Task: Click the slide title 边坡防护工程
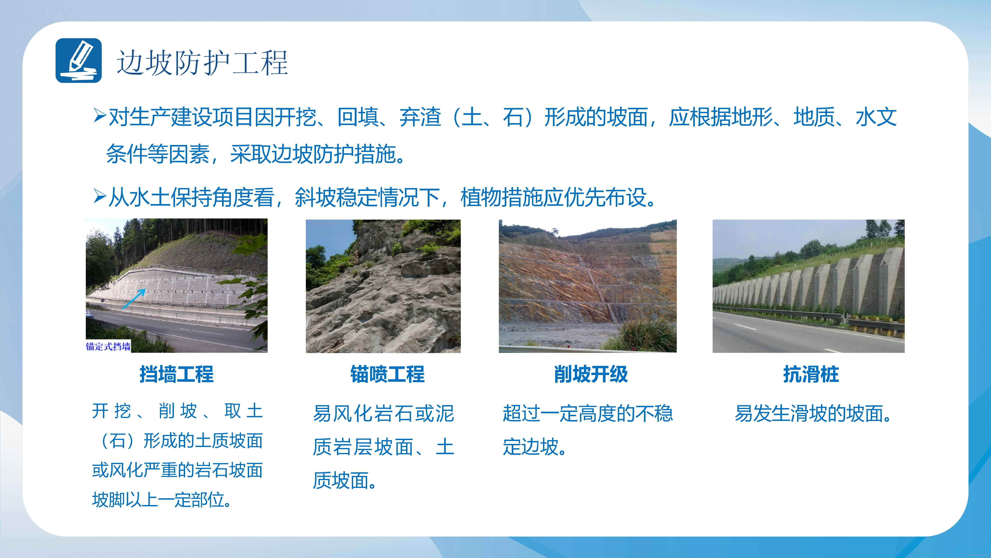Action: click(x=202, y=62)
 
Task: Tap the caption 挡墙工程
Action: click(x=177, y=374)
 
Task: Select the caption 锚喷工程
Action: click(x=387, y=374)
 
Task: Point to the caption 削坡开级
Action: click(x=591, y=374)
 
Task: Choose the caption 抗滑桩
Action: click(x=811, y=374)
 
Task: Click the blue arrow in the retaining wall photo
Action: click(x=134, y=299)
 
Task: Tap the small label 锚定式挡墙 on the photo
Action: click(x=108, y=346)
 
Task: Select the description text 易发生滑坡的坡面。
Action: click(x=813, y=413)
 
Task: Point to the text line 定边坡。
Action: click(x=534, y=447)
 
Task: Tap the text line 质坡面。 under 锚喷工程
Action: click(x=344, y=481)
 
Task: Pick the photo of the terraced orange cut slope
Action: click(x=588, y=286)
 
